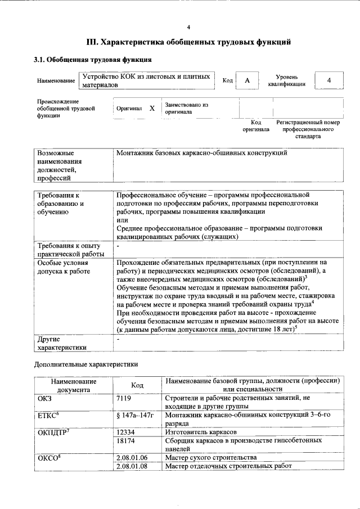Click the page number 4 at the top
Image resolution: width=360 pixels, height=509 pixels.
(x=188, y=27)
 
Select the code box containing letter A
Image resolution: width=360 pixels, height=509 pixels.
(x=246, y=80)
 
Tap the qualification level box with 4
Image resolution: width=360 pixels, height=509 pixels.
(x=328, y=80)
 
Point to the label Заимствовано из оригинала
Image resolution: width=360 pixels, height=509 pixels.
(x=186, y=108)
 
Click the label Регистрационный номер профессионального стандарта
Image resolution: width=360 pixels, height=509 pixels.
(x=308, y=129)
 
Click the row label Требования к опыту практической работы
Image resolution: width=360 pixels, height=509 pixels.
(x=67, y=250)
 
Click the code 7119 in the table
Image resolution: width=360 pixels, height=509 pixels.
(x=123, y=398)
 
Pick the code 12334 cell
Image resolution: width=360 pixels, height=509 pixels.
(x=125, y=431)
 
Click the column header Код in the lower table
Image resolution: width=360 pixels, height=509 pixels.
(x=137, y=385)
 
